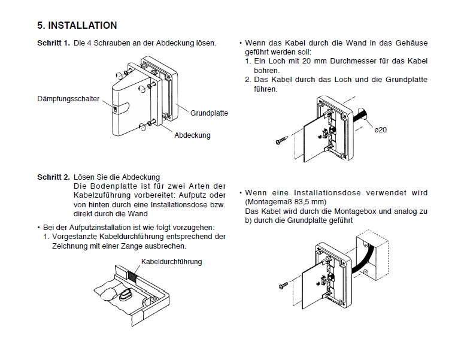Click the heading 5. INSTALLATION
coord(77,26)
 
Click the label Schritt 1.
coord(53,44)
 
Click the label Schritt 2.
coord(53,177)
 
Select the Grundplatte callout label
coord(209,113)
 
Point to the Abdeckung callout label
coord(192,135)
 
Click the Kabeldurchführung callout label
coord(171,262)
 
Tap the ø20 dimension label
coord(381,131)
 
